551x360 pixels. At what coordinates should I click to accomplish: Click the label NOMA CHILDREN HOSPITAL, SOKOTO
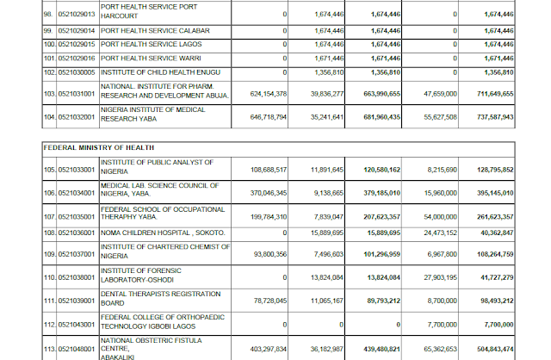click(x=162, y=233)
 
